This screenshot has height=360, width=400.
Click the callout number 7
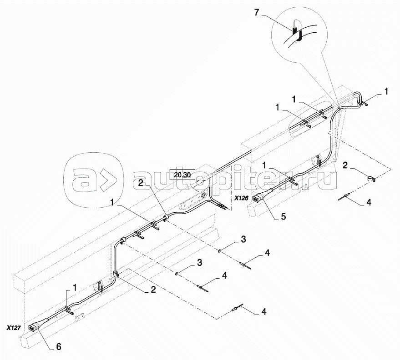(x=257, y=12)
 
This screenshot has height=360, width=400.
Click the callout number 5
(x=284, y=216)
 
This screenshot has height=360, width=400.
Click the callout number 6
(x=59, y=346)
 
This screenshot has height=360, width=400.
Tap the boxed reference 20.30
(x=182, y=175)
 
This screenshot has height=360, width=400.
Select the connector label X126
(x=241, y=198)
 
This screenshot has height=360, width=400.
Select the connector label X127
(x=14, y=328)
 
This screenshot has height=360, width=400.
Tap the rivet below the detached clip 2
(x=344, y=197)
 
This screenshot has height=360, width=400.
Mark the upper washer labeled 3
(x=220, y=251)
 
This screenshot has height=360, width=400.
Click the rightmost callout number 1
(x=386, y=91)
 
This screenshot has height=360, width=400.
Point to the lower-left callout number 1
(x=75, y=288)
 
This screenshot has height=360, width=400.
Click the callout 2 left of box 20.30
(x=141, y=183)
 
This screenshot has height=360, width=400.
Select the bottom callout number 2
(x=153, y=289)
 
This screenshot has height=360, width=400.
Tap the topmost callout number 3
(x=243, y=239)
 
